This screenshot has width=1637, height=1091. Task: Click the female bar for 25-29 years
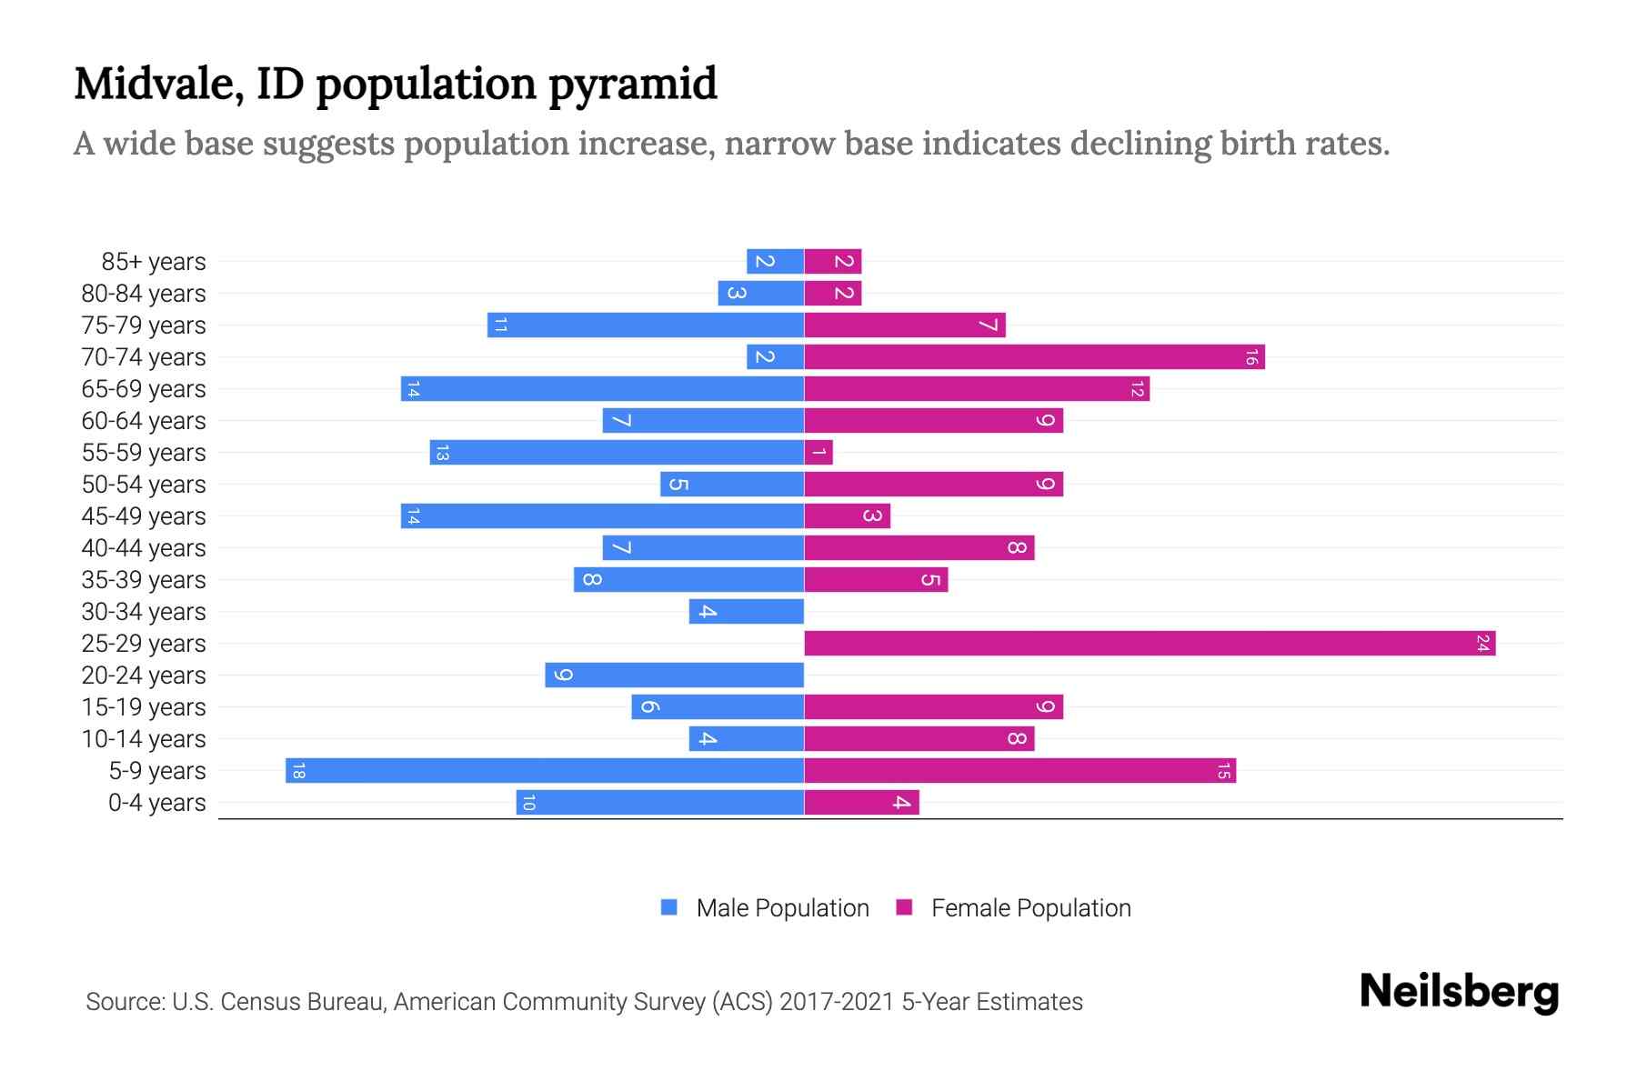pyautogui.click(x=1150, y=644)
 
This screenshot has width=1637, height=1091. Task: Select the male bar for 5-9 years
pyautogui.click(x=544, y=771)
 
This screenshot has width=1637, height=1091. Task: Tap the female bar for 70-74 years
pyautogui.click(x=1034, y=357)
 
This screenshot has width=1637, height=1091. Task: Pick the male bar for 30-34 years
pyautogui.click(x=746, y=612)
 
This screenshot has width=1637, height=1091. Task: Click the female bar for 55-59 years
pyautogui.click(x=818, y=453)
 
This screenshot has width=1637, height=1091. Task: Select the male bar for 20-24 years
pyautogui.click(x=674, y=676)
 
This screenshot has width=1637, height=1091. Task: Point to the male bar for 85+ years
pyautogui.click(x=775, y=262)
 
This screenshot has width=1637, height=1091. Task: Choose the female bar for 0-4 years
pyautogui.click(x=861, y=803)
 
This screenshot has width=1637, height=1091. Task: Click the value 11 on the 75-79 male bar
pyautogui.click(x=499, y=325)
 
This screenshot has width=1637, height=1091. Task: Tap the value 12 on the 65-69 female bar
pyautogui.click(x=1137, y=389)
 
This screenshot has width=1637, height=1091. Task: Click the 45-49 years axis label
pyautogui.click(x=144, y=516)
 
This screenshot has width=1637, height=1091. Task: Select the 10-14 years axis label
pyautogui.click(x=144, y=739)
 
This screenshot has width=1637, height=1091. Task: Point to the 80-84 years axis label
pyautogui.click(x=144, y=294)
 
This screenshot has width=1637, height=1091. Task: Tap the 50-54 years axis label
pyautogui.click(x=144, y=485)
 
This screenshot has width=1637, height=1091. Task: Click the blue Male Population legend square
pyautogui.click(x=669, y=907)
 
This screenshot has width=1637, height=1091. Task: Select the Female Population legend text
pyautogui.click(x=1030, y=908)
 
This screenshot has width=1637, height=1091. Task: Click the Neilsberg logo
pyautogui.click(x=1459, y=992)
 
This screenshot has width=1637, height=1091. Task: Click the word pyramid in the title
pyautogui.click(x=633, y=85)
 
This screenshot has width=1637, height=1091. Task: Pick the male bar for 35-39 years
pyautogui.click(x=688, y=580)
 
